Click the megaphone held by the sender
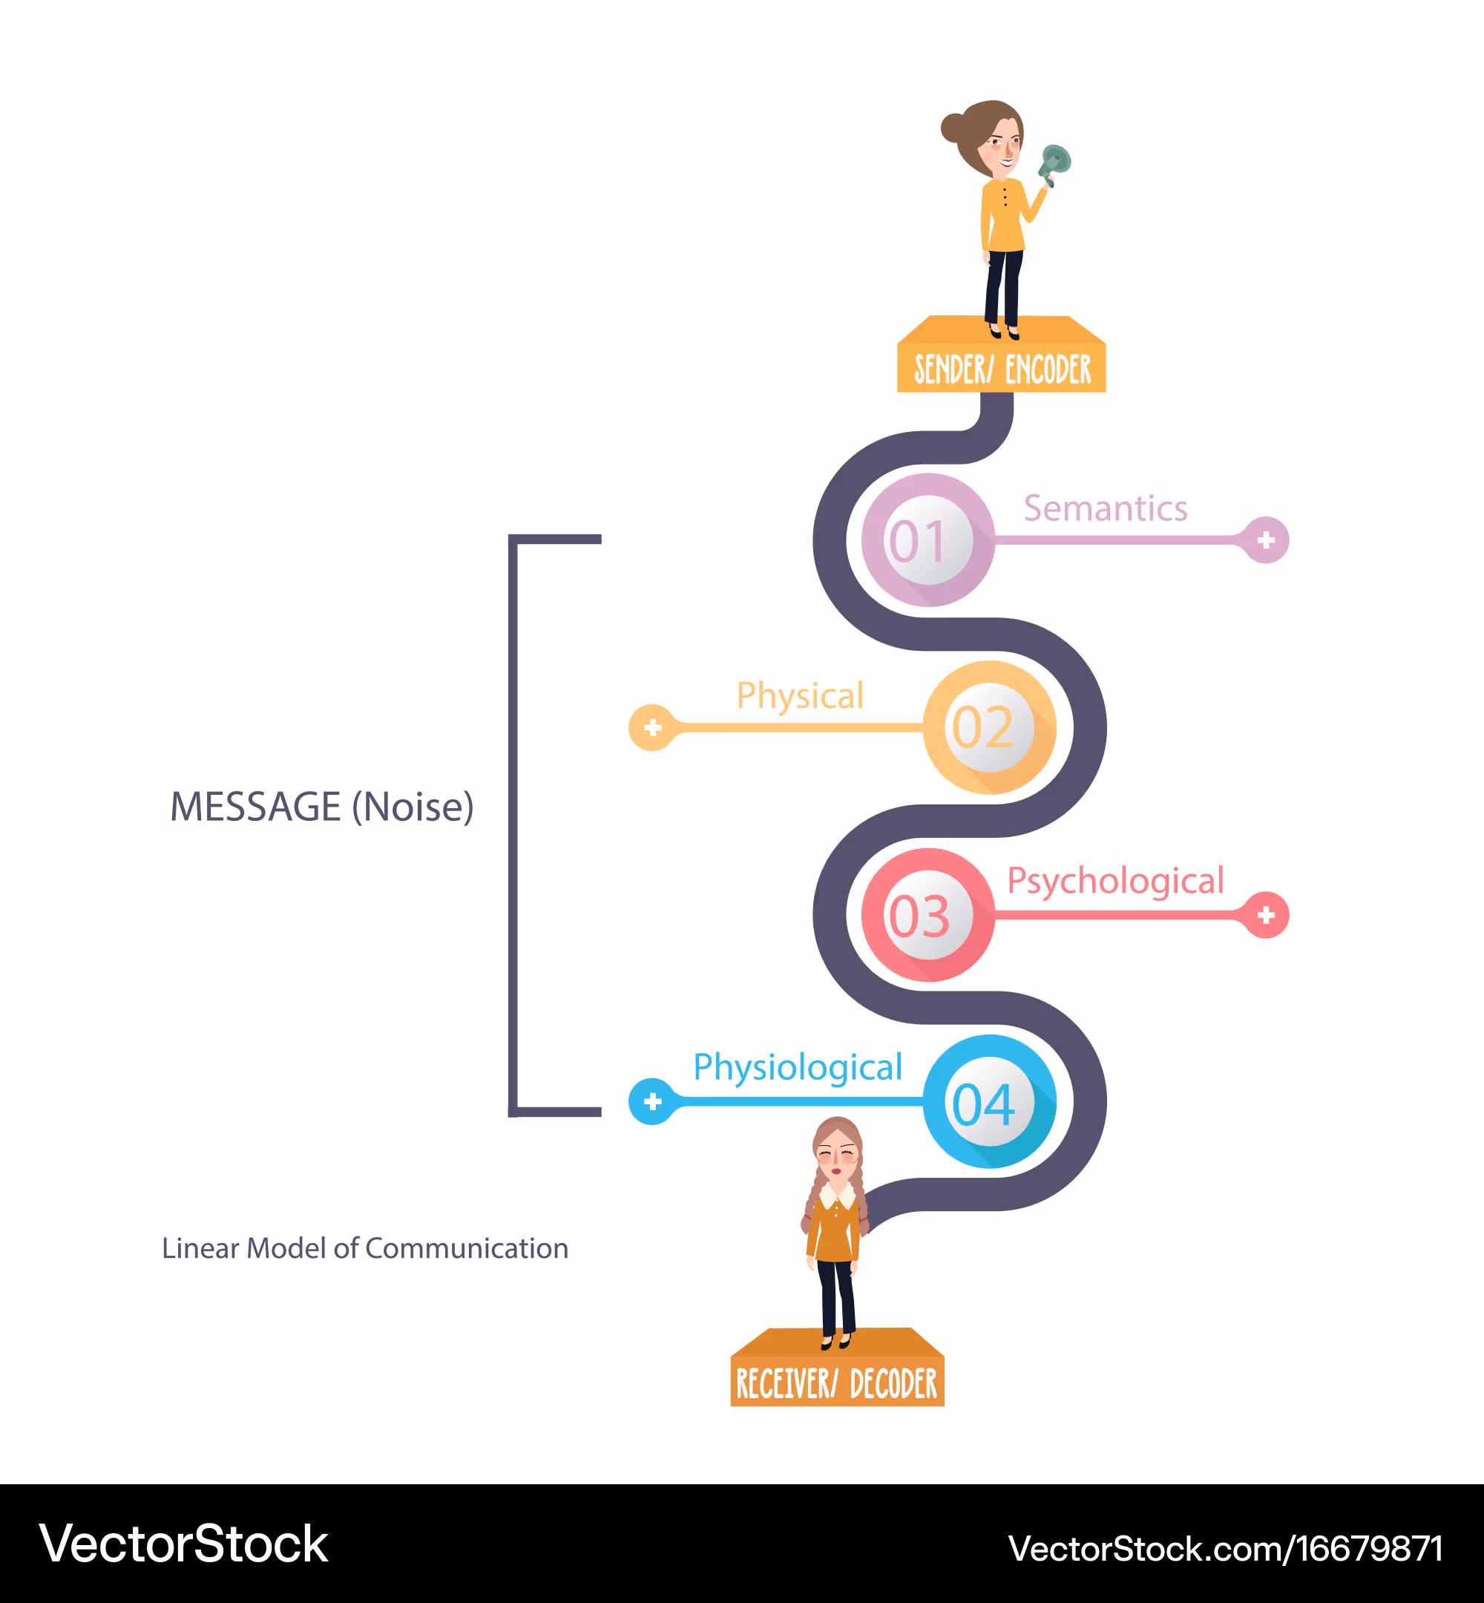click(1054, 165)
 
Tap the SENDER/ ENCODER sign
click(1002, 354)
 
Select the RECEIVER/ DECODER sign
click(837, 1367)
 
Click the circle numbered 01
click(927, 540)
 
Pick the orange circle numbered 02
click(989, 727)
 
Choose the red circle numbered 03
click(927, 915)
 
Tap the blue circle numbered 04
click(989, 1101)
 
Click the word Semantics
click(1105, 508)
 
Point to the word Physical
click(800, 695)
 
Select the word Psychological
click(1115, 882)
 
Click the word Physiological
click(798, 1068)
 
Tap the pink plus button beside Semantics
click(1266, 540)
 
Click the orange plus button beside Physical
click(652, 727)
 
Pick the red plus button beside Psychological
click(1266, 915)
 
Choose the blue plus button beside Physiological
click(652, 1101)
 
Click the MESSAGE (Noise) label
click(322, 807)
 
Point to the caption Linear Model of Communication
click(365, 1248)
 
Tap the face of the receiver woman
click(838, 1155)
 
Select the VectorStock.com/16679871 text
click(1226, 1548)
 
